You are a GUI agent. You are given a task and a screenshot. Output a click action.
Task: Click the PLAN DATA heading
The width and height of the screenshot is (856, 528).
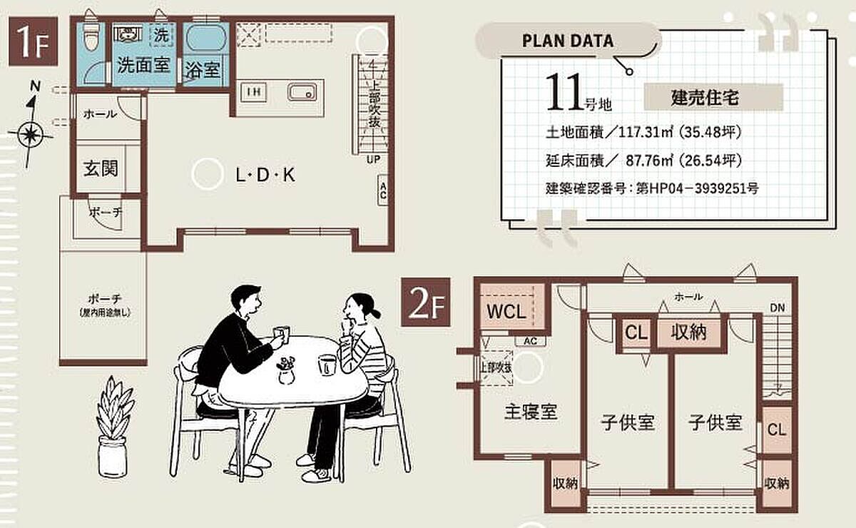click(x=568, y=40)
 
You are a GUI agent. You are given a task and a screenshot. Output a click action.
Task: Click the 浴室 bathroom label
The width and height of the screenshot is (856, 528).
click(x=203, y=70)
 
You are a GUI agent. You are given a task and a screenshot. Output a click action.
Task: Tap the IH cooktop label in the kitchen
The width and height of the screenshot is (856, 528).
click(x=253, y=91)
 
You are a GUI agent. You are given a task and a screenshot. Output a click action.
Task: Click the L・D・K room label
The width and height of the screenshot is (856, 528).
click(x=265, y=175)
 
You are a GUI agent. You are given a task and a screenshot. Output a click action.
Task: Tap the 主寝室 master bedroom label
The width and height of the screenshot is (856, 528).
click(x=531, y=412)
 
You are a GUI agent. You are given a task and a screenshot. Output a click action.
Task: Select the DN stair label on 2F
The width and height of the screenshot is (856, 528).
click(x=778, y=308)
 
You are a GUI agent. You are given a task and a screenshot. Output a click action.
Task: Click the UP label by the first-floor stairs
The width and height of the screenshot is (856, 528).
click(x=372, y=160)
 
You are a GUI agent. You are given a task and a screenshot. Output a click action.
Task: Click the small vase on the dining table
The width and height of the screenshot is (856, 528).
click(x=286, y=372)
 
